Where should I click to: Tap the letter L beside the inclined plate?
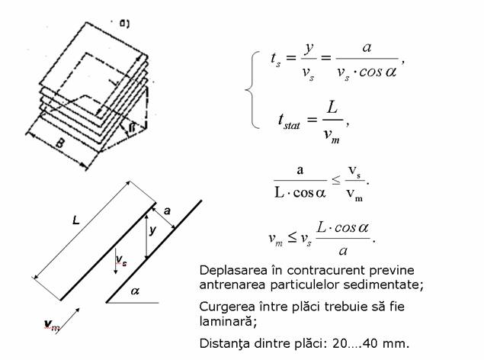tap(76, 220)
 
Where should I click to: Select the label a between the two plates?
tap(167, 211)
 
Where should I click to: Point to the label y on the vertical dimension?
tap(152, 230)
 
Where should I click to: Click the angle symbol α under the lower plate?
tap(135, 291)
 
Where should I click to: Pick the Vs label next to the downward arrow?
tap(121, 260)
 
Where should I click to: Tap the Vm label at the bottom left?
tap(52, 325)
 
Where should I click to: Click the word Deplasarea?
tap(233, 271)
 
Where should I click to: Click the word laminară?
tap(228, 321)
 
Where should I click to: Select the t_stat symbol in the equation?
tap(289, 121)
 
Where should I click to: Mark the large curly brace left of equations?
tap(252, 90)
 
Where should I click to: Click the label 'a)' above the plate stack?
tap(124, 24)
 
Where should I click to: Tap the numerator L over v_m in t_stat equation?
tap(332, 108)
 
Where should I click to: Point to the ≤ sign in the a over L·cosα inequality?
tap(336, 180)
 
